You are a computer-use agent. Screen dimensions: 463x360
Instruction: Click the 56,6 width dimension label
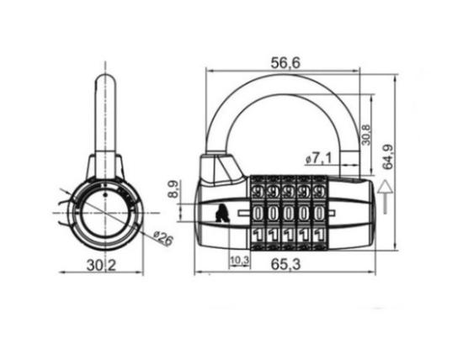[285, 62]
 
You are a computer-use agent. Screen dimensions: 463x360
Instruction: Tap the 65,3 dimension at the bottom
[285, 264]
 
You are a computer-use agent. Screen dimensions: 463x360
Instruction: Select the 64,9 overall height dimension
[388, 156]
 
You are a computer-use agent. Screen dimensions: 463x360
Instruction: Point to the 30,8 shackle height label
[366, 135]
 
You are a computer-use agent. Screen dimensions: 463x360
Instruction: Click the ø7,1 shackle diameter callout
[318, 159]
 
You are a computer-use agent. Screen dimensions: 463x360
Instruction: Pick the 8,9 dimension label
[173, 189]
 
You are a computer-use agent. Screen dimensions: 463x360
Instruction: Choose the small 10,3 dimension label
[240, 260]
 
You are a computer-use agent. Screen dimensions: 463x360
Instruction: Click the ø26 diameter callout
[163, 238]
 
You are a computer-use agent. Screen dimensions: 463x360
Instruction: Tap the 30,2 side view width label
[101, 266]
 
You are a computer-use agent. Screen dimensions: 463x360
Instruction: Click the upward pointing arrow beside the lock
[385, 197]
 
